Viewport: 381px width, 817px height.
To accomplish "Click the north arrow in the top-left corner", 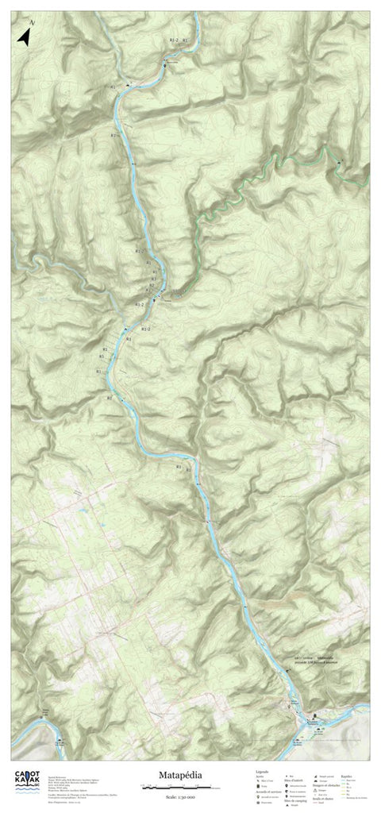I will (x=25, y=37).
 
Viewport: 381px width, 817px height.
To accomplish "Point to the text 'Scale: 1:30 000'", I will (x=183, y=796).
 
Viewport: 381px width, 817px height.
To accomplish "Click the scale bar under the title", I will (x=173, y=787).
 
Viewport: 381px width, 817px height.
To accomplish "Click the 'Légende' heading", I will (x=262, y=770).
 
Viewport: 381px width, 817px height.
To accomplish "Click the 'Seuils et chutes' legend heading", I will (x=322, y=798).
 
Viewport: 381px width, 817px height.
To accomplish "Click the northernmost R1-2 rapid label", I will (x=174, y=39).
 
